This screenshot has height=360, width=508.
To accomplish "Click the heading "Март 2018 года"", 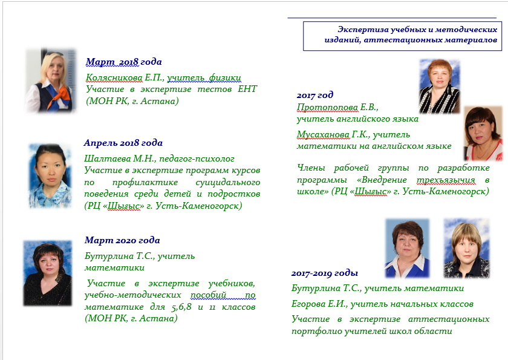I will (x=123, y=62).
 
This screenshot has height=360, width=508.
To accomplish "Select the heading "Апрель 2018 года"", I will (x=123, y=143).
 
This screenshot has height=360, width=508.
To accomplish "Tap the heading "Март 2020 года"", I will (x=122, y=240).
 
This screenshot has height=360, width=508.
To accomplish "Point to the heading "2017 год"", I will (x=315, y=95).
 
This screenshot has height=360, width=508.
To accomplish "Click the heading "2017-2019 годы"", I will (x=324, y=273).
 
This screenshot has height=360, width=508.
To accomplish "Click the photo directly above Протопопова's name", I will (x=440, y=86).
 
